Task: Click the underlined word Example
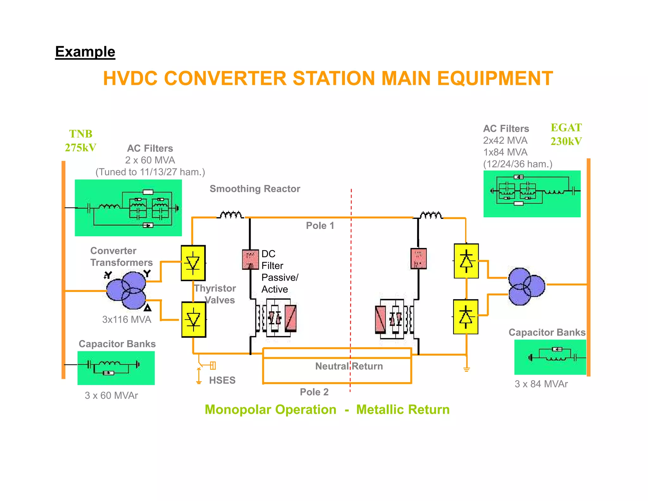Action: [x=85, y=52]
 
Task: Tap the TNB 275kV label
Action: [x=80, y=141]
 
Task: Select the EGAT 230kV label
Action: [x=566, y=134]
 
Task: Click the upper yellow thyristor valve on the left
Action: [x=193, y=263]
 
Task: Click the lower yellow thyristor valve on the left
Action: [x=194, y=319]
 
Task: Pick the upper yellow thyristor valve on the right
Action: [x=466, y=261]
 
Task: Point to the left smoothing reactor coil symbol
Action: [x=231, y=215]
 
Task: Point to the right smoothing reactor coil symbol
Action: [x=431, y=215]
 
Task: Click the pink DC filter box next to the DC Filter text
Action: [x=250, y=260]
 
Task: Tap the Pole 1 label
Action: [x=320, y=226]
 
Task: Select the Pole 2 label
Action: [x=314, y=392]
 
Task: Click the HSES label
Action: [x=222, y=380]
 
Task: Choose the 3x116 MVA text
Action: [x=127, y=320]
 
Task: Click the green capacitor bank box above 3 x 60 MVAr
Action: [x=116, y=368]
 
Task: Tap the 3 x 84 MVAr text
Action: [x=541, y=384]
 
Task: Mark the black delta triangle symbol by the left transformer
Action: [x=147, y=308]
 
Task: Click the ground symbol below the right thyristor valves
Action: [x=466, y=369]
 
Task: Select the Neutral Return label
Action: [x=349, y=366]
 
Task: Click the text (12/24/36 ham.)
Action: [x=518, y=164]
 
